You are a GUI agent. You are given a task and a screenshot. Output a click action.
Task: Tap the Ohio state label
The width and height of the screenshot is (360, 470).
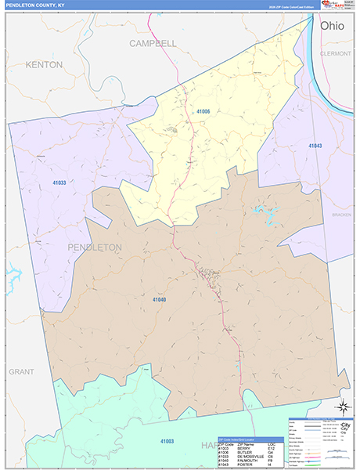pos(331,26)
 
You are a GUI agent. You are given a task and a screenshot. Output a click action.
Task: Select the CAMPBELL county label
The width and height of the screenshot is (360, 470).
pos(153,43)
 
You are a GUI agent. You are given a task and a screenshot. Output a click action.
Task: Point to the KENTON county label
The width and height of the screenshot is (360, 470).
pos(44,64)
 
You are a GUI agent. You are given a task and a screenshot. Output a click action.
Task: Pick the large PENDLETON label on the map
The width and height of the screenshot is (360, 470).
pos(95,247)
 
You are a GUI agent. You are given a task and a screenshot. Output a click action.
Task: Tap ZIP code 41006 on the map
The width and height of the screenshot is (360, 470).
pos(203,112)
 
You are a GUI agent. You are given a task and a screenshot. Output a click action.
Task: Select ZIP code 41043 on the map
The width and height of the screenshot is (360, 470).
pos(315,146)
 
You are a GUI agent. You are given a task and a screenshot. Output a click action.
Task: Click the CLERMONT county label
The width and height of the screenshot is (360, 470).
pos(336,53)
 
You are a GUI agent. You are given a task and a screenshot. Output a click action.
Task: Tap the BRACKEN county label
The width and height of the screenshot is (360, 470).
pos(341,214)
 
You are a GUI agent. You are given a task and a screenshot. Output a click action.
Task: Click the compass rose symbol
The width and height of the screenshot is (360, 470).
pos(341,406)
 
